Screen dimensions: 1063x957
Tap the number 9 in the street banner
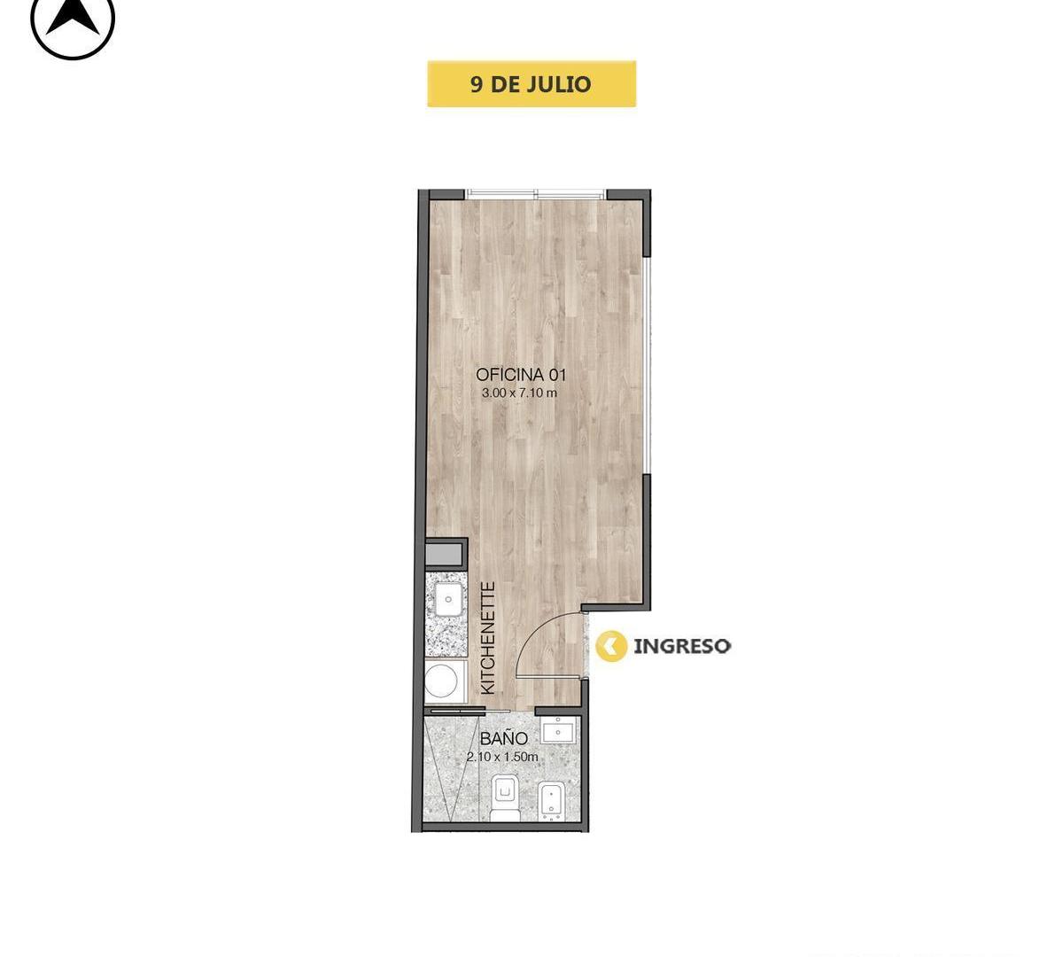click(477, 84)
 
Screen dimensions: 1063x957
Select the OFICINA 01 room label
click(521, 375)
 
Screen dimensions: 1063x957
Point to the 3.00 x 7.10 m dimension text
click(519, 393)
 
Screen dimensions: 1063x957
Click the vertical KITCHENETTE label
click(487, 638)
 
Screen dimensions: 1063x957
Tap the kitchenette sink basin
click(448, 599)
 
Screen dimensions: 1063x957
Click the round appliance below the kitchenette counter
click(441, 681)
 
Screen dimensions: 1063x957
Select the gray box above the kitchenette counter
click(446, 554)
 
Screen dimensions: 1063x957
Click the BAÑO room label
click(503, 738)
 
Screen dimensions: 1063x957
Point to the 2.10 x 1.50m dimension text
click(502, 757)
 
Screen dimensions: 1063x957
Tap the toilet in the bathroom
click(504, 798)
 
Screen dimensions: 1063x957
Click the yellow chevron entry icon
click(611, 646)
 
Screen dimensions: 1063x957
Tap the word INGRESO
click(682, 646)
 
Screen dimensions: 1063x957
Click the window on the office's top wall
click(536, 194)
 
